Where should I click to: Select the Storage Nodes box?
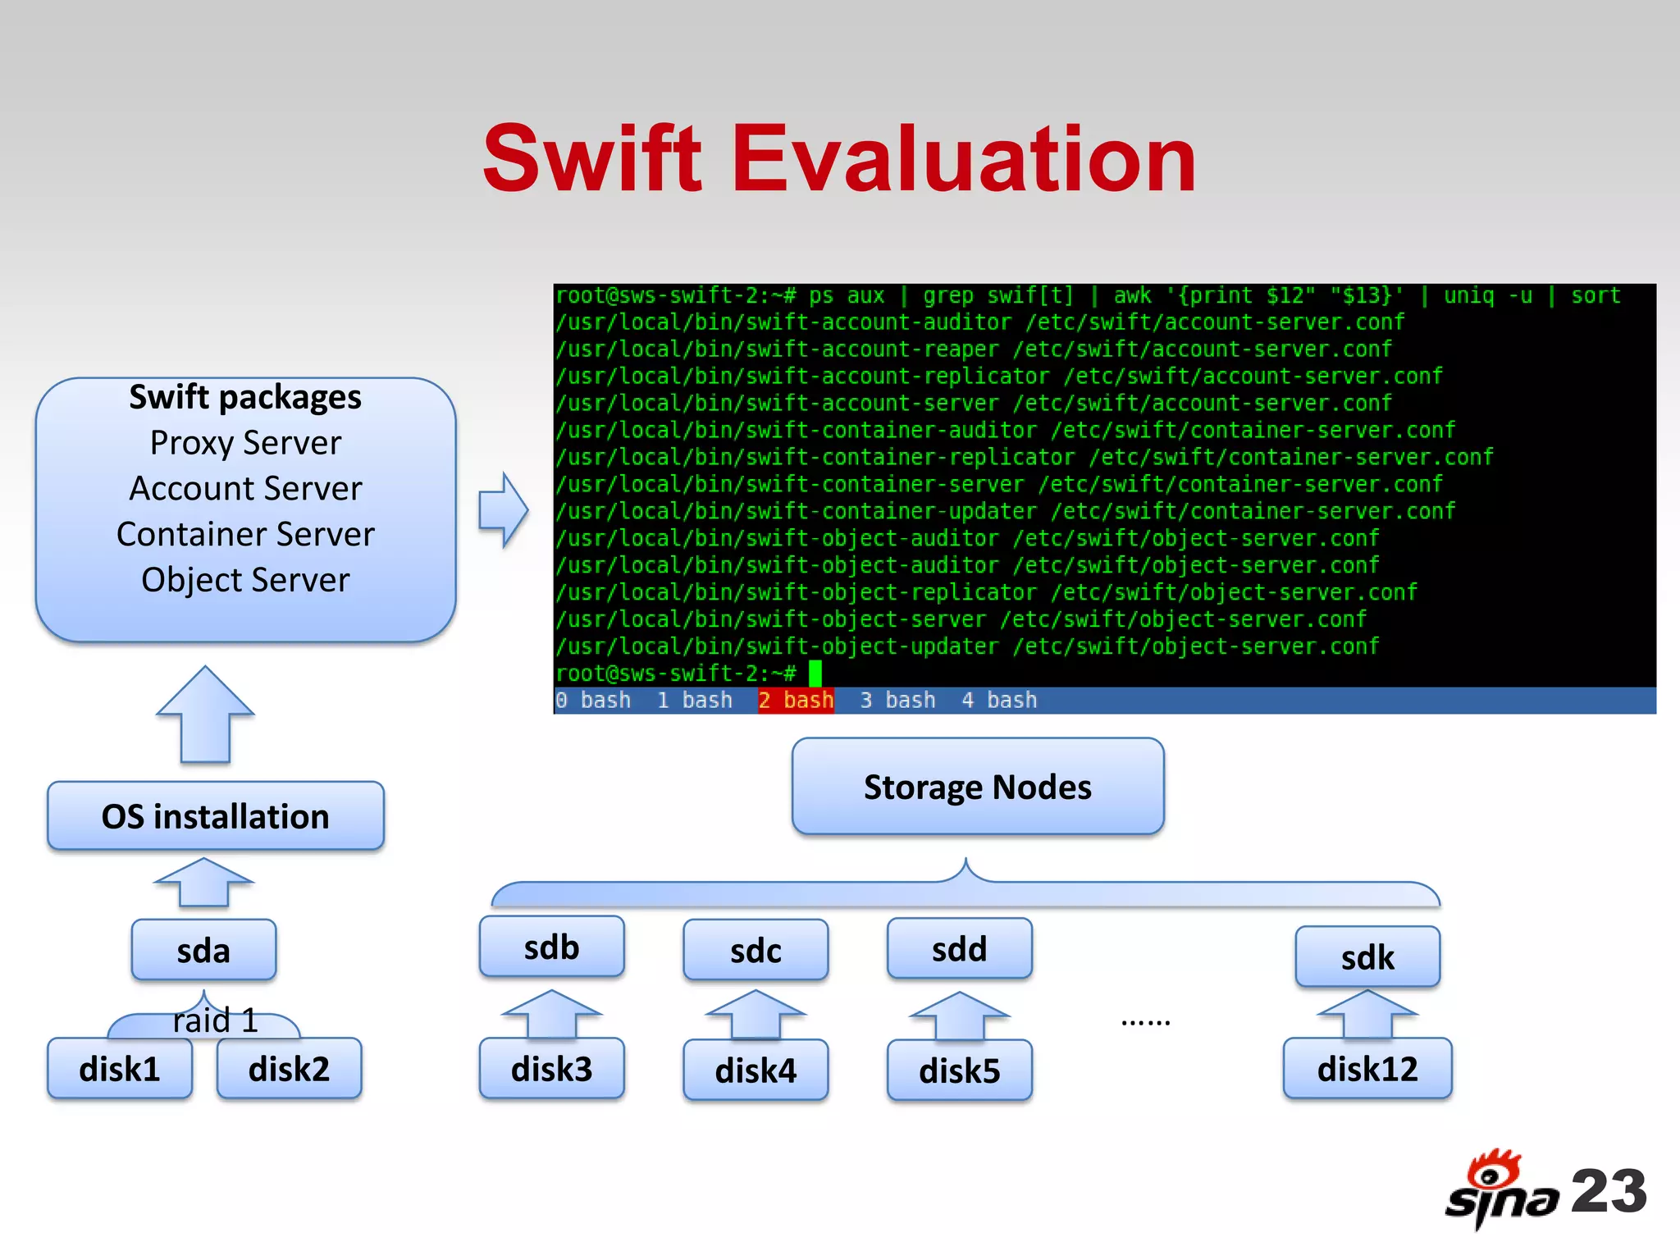click(978, 787)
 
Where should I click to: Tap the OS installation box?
click(216, 816)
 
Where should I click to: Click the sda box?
click(203, 951)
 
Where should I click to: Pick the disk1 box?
click(120, 1069)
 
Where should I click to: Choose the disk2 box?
click(289, 1069)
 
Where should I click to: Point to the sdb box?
click(551, 947)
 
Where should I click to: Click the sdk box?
click(1367, 957)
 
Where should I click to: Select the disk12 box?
click(1367, 1069)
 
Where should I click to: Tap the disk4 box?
click(756, 1071)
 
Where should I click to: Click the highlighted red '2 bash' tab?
click(796, 701)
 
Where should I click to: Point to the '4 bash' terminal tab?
click(999, 701)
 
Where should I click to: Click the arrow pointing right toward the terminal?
click(503, 509)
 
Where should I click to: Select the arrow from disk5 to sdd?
click(959, 1016)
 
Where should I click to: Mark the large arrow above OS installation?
click(205, 714)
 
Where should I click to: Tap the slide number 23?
click(1609, 1191)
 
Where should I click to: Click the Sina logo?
click(1501, 1189)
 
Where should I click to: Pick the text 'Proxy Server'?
click(245, 443)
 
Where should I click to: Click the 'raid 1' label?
click(215, 1020)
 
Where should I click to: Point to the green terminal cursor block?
click(815, 673)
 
